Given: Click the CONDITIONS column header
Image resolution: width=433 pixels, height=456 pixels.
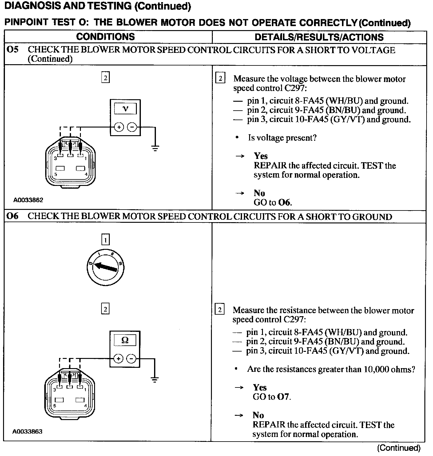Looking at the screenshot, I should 105,37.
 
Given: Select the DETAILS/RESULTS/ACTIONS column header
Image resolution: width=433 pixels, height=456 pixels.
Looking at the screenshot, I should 319,37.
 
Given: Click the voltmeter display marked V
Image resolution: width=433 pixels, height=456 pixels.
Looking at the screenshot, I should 125,109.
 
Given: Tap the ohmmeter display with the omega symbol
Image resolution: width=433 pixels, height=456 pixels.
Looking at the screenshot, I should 125,340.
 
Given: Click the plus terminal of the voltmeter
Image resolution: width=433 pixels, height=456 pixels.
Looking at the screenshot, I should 119,127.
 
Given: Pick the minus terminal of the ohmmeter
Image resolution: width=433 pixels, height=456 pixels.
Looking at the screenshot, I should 131,358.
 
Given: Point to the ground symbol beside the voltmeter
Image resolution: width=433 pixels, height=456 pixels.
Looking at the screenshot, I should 156,148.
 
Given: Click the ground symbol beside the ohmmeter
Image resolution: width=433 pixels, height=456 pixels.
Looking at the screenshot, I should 155,380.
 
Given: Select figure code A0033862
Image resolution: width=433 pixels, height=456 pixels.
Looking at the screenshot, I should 28,200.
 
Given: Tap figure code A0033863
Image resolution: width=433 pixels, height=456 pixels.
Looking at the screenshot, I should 27,431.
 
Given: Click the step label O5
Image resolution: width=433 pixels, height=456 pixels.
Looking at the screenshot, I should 13,50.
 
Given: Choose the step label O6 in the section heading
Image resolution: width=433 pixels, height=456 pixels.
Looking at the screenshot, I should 13,216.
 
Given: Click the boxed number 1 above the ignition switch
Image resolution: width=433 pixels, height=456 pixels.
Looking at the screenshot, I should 105,239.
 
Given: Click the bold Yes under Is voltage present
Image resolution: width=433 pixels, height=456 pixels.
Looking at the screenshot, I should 261,156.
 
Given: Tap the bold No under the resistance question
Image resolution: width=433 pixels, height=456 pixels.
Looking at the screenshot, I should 258,415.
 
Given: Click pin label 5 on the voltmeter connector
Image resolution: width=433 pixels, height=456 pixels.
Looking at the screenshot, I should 56,174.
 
